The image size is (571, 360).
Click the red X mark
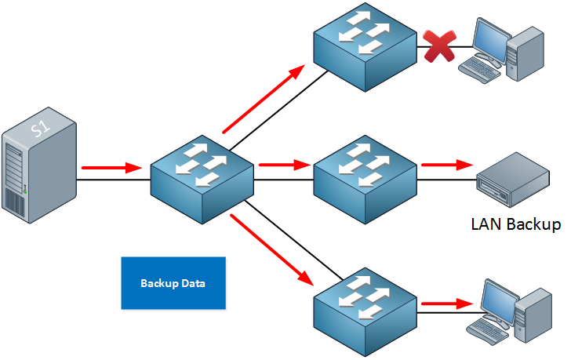[x=440, y=46]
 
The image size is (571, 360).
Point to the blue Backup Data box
[x=173, y=282]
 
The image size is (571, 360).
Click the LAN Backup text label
[x=515, y=224]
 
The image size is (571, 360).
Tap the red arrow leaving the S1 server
[x=111, y=167]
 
